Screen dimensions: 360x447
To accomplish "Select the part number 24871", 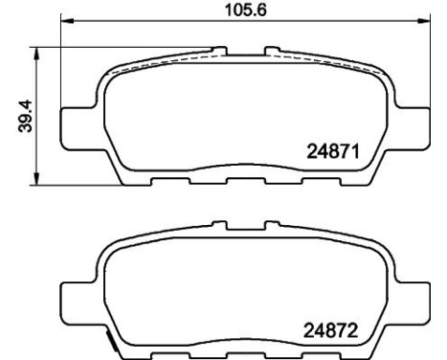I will [x=331, y=150].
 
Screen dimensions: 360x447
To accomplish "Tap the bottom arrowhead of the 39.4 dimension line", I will [x=37, y=182].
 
